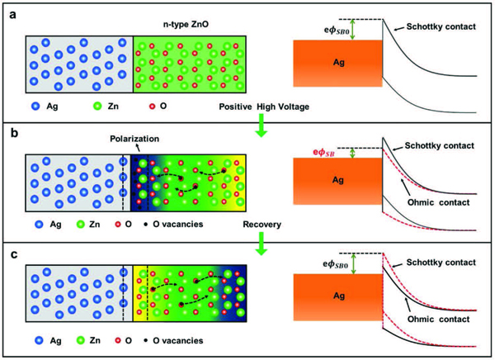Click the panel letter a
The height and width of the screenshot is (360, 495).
coord(9,9)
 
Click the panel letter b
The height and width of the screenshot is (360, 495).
coord(9,130)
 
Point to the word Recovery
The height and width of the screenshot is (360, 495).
coord(262,224)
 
